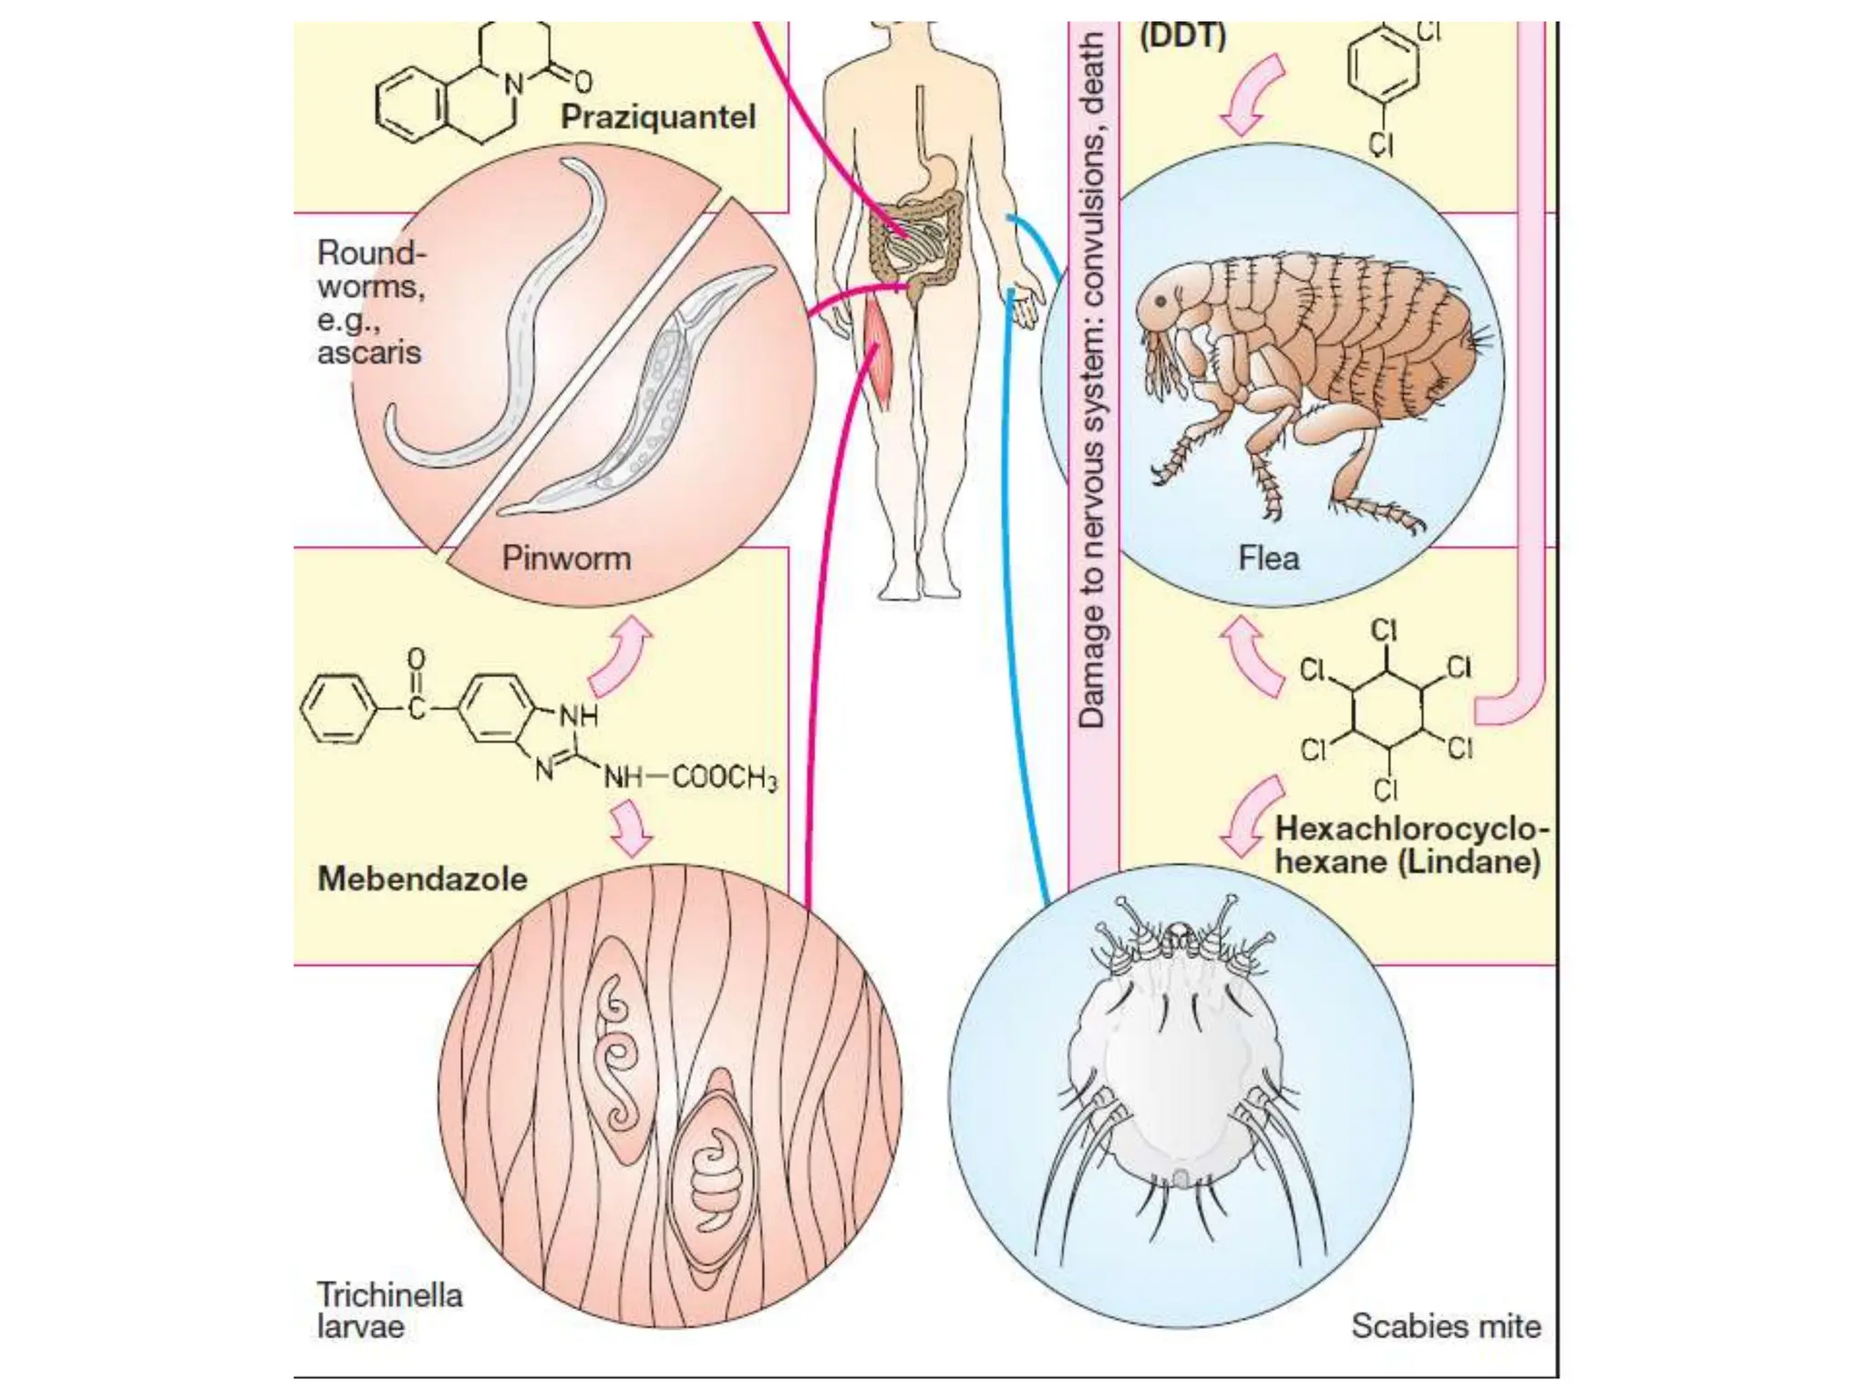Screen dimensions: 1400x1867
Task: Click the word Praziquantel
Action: point(658,117)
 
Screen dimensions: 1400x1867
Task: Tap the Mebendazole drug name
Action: point(422,879)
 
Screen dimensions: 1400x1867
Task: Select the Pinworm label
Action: point(566,558)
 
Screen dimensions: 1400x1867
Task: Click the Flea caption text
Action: point(1268,558)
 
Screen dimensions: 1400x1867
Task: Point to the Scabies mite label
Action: point(1446,1326)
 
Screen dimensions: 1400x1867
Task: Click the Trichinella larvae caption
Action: point(389,1310)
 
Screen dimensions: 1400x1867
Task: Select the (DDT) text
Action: point(1182,36)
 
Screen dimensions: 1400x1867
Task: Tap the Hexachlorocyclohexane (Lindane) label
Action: point(1408,845)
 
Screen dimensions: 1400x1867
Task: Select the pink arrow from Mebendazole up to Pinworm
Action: point(622,656)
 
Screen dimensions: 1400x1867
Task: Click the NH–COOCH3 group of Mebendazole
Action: point(690,777)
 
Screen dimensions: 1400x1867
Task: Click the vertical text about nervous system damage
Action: point(1093,383)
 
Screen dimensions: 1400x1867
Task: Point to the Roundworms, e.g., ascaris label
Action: point(371,302)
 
